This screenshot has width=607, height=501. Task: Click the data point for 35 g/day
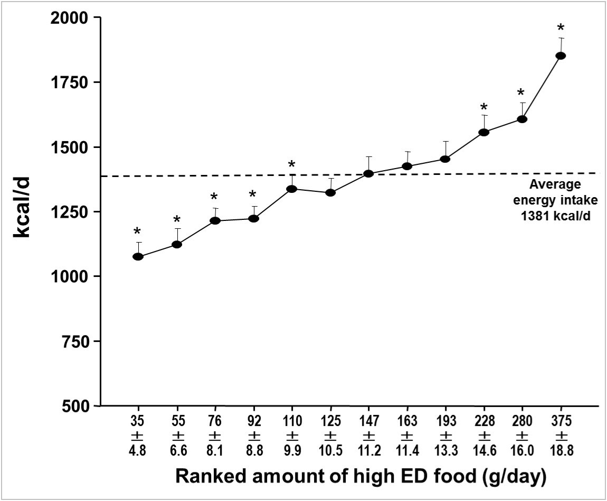pos(138,256)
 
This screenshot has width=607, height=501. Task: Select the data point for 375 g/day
pos(561,55)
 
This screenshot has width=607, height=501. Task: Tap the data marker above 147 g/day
pos(368,173)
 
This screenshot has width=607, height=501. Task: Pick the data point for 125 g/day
pos(330,192)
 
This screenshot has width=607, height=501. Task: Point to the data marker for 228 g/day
pos(483,132)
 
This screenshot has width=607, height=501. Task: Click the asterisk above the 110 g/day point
pos(291,164)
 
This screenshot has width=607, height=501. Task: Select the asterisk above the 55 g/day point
pos(177,220)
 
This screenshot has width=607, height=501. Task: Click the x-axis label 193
pos(445,421)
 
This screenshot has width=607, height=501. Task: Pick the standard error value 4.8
pos(138,450)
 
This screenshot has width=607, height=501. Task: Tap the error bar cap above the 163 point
pos(407,152)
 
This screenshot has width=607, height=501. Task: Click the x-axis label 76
pos(215,421)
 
